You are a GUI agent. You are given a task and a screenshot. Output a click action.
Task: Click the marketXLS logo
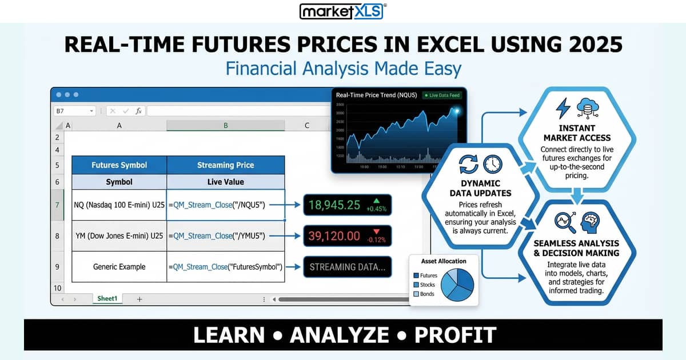343,11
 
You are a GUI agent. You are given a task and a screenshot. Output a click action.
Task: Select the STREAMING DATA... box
347,266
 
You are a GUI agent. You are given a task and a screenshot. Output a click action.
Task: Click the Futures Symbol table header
119,165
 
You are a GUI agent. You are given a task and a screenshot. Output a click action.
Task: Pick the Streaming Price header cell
225,165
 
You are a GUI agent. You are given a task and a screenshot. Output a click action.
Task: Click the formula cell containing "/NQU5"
225,205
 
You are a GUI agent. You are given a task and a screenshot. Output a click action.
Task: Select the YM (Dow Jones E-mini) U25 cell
119,235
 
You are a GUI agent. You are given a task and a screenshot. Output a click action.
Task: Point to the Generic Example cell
119,267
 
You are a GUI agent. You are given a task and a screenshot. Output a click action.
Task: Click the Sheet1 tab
107,299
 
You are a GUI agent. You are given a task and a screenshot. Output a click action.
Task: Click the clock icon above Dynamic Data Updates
492,165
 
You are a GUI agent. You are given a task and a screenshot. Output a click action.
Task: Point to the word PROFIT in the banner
456,335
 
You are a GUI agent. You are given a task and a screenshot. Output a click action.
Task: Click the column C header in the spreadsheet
307,125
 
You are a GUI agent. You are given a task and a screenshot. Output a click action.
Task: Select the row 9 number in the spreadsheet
57,267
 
